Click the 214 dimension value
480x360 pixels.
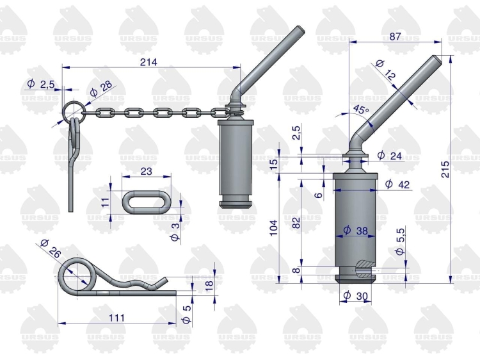click(148, 62)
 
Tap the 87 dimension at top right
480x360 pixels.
click(395, 37)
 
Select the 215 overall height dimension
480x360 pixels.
click(445, 169)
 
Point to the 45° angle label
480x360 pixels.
click(361, 110)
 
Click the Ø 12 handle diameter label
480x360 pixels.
click(385, 70)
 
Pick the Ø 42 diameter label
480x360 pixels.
click(397, 184)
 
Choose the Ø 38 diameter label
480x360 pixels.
click(355, 231)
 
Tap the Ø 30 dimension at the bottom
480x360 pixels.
click(355, 296)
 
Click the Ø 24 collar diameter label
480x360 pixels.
click(389, 156)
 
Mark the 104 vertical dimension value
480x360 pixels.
click(273, 227)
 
